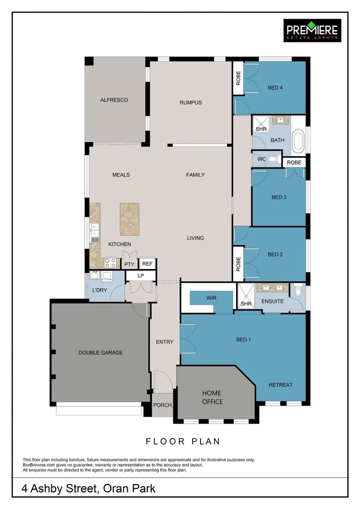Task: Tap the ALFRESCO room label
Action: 114,100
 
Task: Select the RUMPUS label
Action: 191,102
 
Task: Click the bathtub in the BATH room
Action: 299,140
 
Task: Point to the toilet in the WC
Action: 273,158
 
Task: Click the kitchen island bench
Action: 130,219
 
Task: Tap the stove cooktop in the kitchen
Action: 110,263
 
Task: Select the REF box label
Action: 147,264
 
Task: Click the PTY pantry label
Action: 129,264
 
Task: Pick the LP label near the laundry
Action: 141,276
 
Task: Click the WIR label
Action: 211,298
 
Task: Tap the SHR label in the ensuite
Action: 246,303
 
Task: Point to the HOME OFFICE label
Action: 212,397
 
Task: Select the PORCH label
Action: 162,405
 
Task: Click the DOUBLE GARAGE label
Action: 101,352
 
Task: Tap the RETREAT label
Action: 280,385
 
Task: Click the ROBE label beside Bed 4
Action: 238,78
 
